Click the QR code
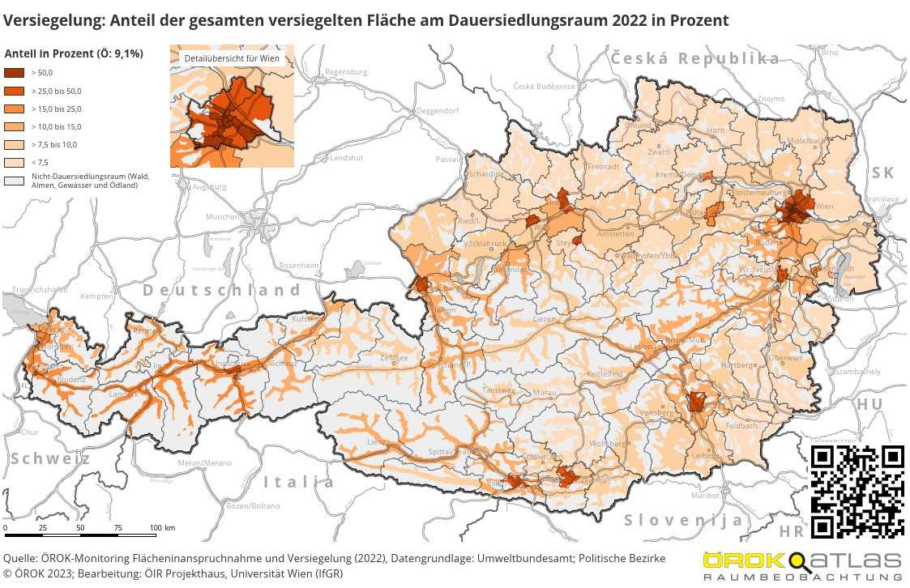857,491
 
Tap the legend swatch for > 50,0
15,73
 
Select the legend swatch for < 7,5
15,162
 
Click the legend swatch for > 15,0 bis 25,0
15,109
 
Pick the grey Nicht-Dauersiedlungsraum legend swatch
15,181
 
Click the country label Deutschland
221,290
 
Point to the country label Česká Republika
694,58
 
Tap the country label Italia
298,482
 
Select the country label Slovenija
683,520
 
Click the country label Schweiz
50,458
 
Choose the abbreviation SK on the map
882,173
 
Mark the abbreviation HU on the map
869,404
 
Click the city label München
221,217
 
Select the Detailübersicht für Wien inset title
232,59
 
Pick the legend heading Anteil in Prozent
74,53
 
